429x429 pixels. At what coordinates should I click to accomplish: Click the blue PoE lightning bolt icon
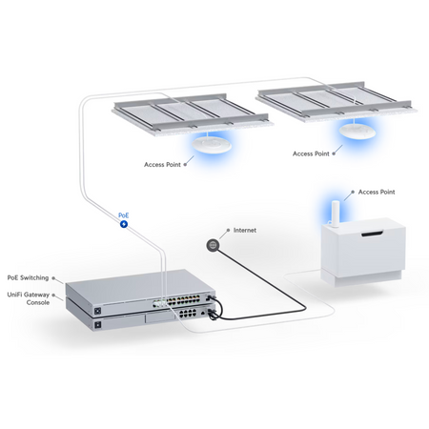[x=124, y=224]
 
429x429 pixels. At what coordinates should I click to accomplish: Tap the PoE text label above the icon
[x=124, y=215]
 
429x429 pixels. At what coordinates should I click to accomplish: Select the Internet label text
[x=245, y=230]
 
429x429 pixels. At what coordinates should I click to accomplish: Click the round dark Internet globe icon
[x=213, y=245]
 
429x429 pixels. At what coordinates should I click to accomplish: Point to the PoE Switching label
[x=28, y=277]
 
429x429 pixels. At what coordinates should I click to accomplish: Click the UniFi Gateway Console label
[x=29, y=298]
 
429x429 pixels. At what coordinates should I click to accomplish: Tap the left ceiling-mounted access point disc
[x=212, y=145]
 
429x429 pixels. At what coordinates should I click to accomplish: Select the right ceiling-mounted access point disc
[x=357, y=131]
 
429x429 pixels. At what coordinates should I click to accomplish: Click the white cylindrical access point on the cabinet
[x=336, y=214]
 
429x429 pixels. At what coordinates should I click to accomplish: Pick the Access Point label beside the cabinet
[x=377, y=192]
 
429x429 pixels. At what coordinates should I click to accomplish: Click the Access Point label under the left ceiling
[x=162, y=165]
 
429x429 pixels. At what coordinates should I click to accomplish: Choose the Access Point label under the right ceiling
[x=311, y=153]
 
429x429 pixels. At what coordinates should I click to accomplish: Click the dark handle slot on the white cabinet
[x=372, y=235]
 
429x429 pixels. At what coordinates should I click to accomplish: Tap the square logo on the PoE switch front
[x=98, y=310]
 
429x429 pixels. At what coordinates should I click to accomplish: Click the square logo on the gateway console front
[x=98, y=324]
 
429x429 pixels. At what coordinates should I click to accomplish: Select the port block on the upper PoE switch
[x=176, y=301]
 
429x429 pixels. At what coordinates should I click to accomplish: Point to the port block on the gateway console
[x=188, y=314]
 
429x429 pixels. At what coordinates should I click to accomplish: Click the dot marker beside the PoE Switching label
[x=53, y=278]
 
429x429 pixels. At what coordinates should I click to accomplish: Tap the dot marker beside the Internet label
[x=228, y=230]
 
